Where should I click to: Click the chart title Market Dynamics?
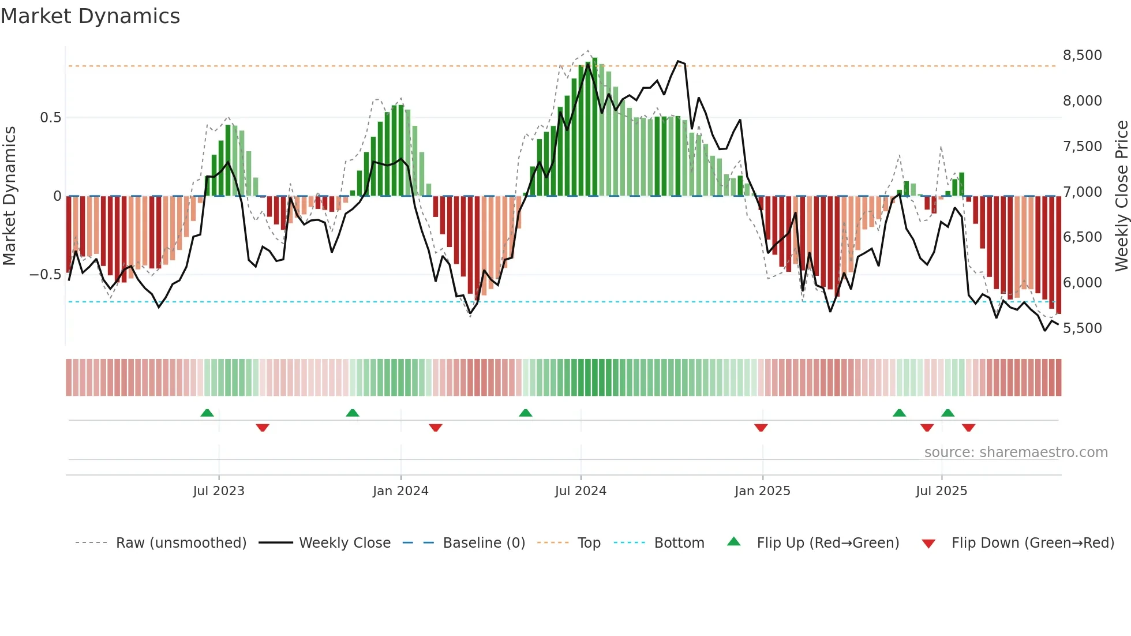(90, 16)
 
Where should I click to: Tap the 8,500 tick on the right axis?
(1082, 55)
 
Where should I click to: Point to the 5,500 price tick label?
(1082, 328)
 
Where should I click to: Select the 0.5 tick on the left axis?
(51, 118)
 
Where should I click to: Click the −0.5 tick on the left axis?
(46, 275)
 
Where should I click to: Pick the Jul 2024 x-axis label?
(581, 491)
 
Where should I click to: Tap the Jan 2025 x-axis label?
(762, 491)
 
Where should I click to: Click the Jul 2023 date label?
(219, 491)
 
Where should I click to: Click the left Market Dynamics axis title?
(9, 196)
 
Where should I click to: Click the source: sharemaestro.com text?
(1016, 452)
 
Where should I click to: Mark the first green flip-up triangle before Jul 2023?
(207, 413)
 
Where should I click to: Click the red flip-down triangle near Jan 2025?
(761, 428)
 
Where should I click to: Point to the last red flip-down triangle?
(968, 428)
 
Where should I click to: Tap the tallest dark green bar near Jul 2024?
(595, 127)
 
